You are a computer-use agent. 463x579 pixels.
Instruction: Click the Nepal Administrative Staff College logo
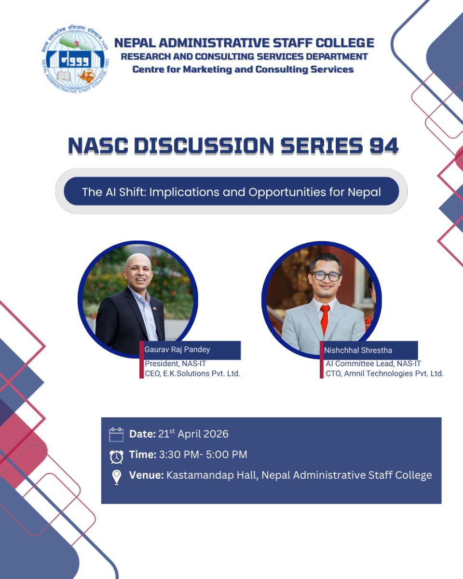point(75,59)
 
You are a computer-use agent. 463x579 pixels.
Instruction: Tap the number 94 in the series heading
point(383,146)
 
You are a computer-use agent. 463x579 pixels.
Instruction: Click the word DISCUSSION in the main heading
point(204,146)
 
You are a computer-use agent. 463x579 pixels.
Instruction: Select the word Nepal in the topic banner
point(364,192)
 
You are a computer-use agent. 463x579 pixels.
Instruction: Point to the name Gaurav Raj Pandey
point(177,349)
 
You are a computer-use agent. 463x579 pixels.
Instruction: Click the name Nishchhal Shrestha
point(358,350)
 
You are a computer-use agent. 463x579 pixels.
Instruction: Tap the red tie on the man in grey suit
point(325,319)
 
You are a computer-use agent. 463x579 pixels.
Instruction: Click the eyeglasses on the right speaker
point(326,276)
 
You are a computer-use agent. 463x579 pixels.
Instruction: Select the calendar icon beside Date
point(116,434)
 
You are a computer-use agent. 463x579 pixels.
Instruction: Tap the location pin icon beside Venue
point(117,477)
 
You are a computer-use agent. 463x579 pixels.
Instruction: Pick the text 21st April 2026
point(193,434)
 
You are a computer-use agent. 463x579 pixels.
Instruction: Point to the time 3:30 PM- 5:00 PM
point(203,455)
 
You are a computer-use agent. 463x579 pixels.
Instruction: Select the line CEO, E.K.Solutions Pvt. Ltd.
point(192,373)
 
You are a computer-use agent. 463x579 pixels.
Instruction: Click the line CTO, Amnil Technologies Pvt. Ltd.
point(384,373)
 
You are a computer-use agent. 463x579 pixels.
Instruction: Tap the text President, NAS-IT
point(176,363)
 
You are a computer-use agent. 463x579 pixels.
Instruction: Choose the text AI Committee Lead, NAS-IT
point(373,363)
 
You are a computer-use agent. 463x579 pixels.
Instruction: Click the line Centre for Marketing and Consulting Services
point(243,69)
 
